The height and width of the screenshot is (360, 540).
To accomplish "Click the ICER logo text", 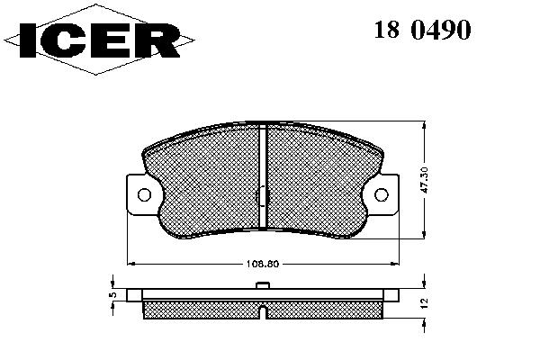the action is coord(100,40).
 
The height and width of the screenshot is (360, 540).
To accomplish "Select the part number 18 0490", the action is coord(422,30).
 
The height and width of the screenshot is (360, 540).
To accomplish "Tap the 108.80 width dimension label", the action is coord(263,265).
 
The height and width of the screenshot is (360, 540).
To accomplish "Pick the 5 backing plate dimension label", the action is coord(112,295).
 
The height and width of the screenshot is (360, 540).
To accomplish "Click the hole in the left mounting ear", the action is coord(144,195).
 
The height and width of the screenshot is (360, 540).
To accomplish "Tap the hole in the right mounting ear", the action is coord(382,195).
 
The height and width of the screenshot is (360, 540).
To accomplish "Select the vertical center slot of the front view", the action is coord(263,175).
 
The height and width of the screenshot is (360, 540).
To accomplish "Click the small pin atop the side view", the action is coord(263,285).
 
